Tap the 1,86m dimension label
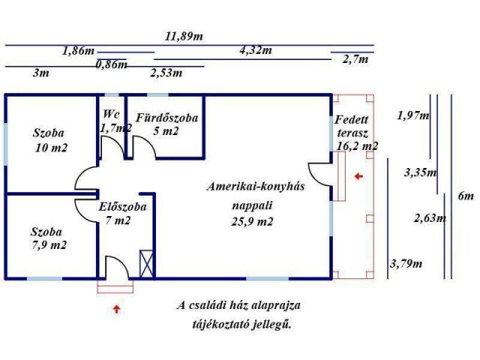pos(79,51)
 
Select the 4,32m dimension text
pos(255,51)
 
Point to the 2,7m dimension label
pos(355,59)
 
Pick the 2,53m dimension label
pos(166,73)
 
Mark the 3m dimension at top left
pos(41,73)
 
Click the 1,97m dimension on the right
pos(413,115)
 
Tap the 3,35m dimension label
pos(419,172)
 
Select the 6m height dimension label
pos(466,196)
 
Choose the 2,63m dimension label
pos(430,219)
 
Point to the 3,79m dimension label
pos(406,263)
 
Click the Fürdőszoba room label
pos(166,118)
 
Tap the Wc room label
pos(112,115)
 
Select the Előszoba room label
pos(122,206)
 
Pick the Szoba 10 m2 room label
pos(50,140)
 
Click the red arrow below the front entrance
pos(115,307)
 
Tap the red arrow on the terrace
pos(358,176)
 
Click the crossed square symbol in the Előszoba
pos(147,262)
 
